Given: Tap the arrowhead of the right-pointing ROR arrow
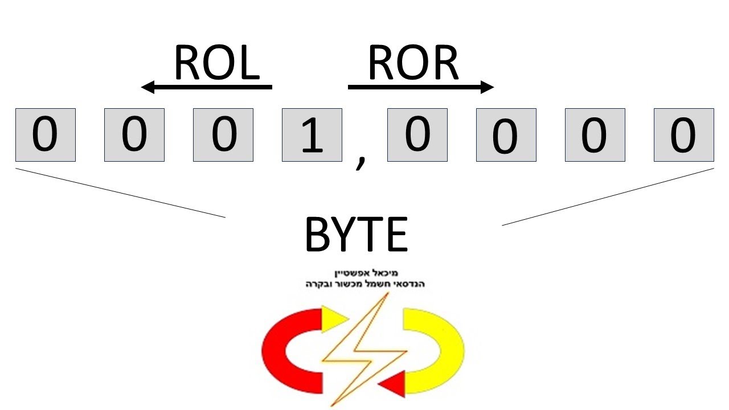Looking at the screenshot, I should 488,87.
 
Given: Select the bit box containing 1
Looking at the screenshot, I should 312,135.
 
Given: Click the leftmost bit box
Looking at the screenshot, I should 46,135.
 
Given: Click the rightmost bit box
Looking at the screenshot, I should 683,135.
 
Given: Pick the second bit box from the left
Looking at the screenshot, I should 134,135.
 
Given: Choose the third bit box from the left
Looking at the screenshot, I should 223,135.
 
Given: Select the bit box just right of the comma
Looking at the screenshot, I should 417,135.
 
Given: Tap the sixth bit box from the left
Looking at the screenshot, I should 506,135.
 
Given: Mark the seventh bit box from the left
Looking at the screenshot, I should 595,135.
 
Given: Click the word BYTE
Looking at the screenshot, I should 357,235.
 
